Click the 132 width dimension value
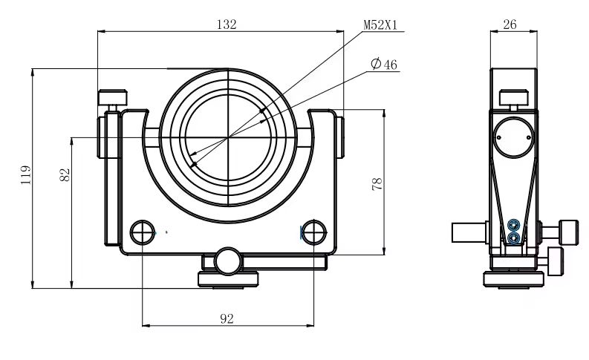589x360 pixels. [227, 24]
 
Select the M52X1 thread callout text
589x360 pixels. [380, 25]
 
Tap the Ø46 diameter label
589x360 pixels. [383, 64]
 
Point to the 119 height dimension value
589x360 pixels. [25, 174]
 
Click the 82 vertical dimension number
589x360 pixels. [65, 174]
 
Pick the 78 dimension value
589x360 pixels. [377, 184]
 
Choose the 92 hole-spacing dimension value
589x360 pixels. [227, 318]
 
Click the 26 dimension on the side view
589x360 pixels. [510, 24]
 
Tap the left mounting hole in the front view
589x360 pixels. [143, 232]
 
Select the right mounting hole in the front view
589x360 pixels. [314, 232]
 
